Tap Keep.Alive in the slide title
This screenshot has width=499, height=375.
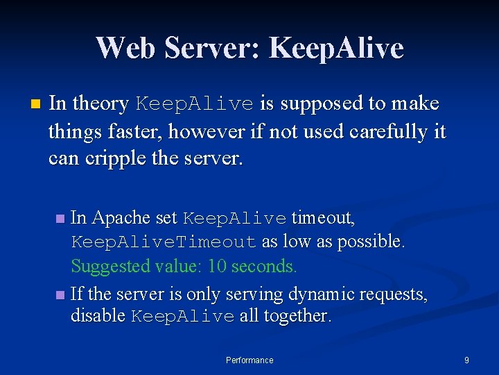pyautogui.click(x=336, y=48)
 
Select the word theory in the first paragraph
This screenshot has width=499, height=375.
pyautogui.click(x=101, y=104)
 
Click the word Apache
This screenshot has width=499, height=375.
pyautogui.click(x=121, y=218)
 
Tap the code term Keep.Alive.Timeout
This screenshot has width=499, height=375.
pyautogui.click(x=164, y=242)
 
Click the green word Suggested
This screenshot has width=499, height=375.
pyautogui.click(x=104, y=266)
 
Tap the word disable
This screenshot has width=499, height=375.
pyautogui.click(x=98, y=316)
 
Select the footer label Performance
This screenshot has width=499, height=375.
pyautogui.click(x=249, y=360)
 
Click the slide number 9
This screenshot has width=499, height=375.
pyautogui.click(x=466, y=360)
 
